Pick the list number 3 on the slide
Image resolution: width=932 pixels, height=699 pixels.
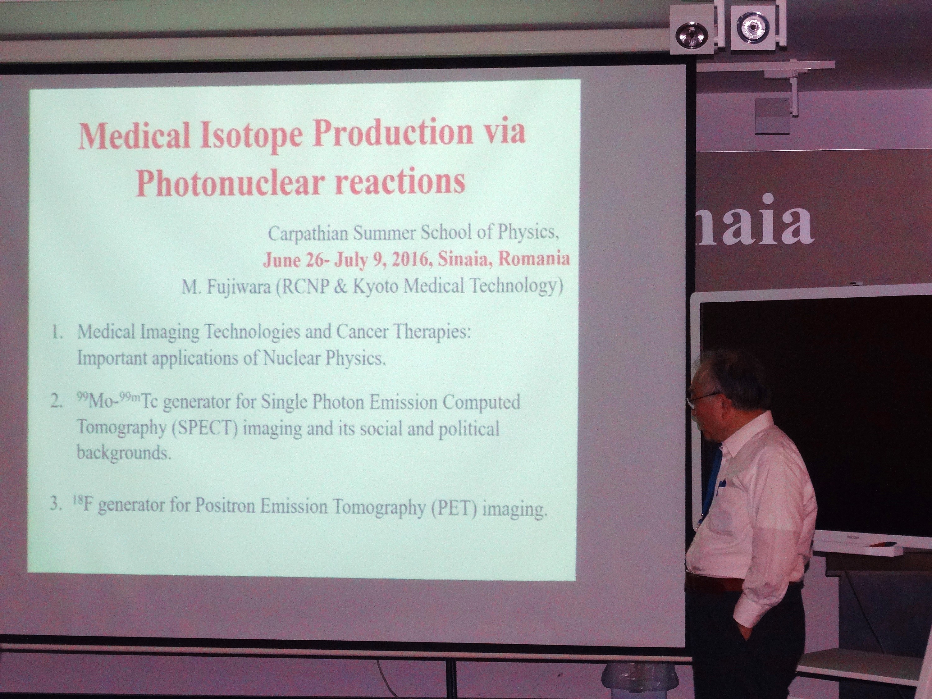56,504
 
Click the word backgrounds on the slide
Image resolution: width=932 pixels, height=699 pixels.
124,453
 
